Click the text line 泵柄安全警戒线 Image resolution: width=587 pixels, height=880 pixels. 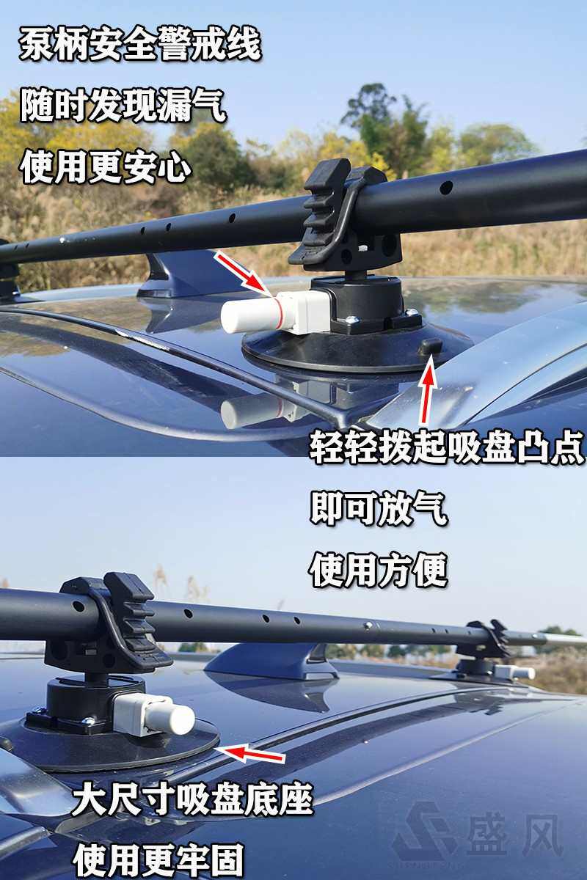(x=139, y=45)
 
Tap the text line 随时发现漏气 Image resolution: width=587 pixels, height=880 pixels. (x=123, y=106)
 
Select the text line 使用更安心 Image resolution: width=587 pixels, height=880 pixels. (x=106, y=166)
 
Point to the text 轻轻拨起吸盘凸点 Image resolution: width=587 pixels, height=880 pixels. (x=446, y=447)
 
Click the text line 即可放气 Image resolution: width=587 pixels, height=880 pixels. (x=378, y=508)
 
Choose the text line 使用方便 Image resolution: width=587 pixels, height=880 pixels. (x=378, y=569)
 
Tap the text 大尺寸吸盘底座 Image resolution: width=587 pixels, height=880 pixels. (x=192, y=799)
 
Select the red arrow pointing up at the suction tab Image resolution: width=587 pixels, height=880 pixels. (x=427, y=392)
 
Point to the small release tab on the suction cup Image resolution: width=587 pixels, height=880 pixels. (x=431, y=346)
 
